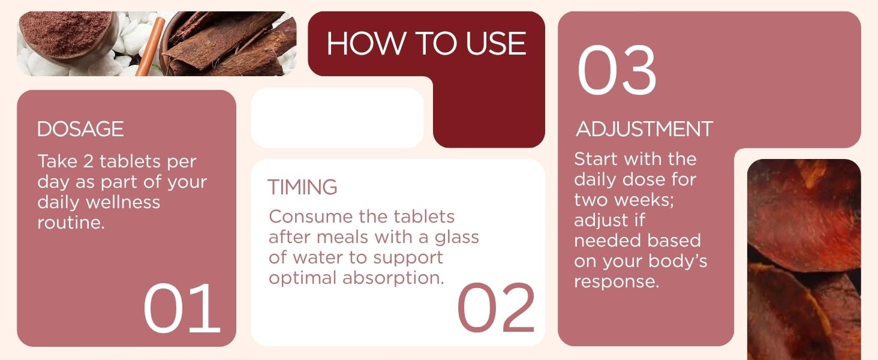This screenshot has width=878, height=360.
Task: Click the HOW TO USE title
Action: click(x=426, y=44)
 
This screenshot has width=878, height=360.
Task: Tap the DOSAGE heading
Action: click(x=80, y=129)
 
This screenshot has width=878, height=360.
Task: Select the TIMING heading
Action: click(x=302, y=187)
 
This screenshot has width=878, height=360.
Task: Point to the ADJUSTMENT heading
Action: click(x=644, y=129)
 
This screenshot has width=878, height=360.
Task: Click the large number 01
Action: click(x=182, y=308)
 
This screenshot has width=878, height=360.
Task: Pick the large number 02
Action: click(x=496, y=308)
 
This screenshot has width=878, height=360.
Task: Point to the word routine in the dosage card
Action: click(x=69, y=223)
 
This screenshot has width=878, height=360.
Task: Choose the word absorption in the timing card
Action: click(x=393, y=278)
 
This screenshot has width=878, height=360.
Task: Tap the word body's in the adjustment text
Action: click(x=678, y=261)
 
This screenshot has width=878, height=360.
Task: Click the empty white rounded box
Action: click(x=337, y=118)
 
